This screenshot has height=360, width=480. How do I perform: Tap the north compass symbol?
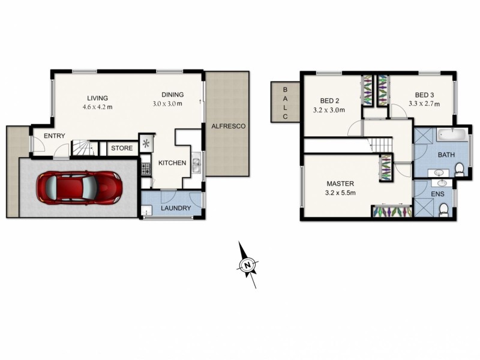click(247, 265)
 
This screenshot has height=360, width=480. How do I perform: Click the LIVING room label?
click(97, 98)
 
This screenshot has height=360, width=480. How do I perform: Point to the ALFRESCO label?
click(227, 126)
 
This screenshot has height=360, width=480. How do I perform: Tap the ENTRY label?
click(54, 136)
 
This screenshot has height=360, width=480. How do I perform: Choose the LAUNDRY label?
click(176, 208)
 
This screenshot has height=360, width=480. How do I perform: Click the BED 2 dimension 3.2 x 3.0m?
click(329, 110)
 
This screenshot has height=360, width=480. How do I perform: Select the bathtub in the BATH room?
click(453, 134)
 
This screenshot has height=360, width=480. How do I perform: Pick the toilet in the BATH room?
click(460, 170)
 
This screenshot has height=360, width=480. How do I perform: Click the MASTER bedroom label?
click(340, 184)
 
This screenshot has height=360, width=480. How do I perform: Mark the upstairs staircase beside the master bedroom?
click(379, 144)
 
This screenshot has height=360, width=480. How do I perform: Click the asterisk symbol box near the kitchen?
click(146, 143)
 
